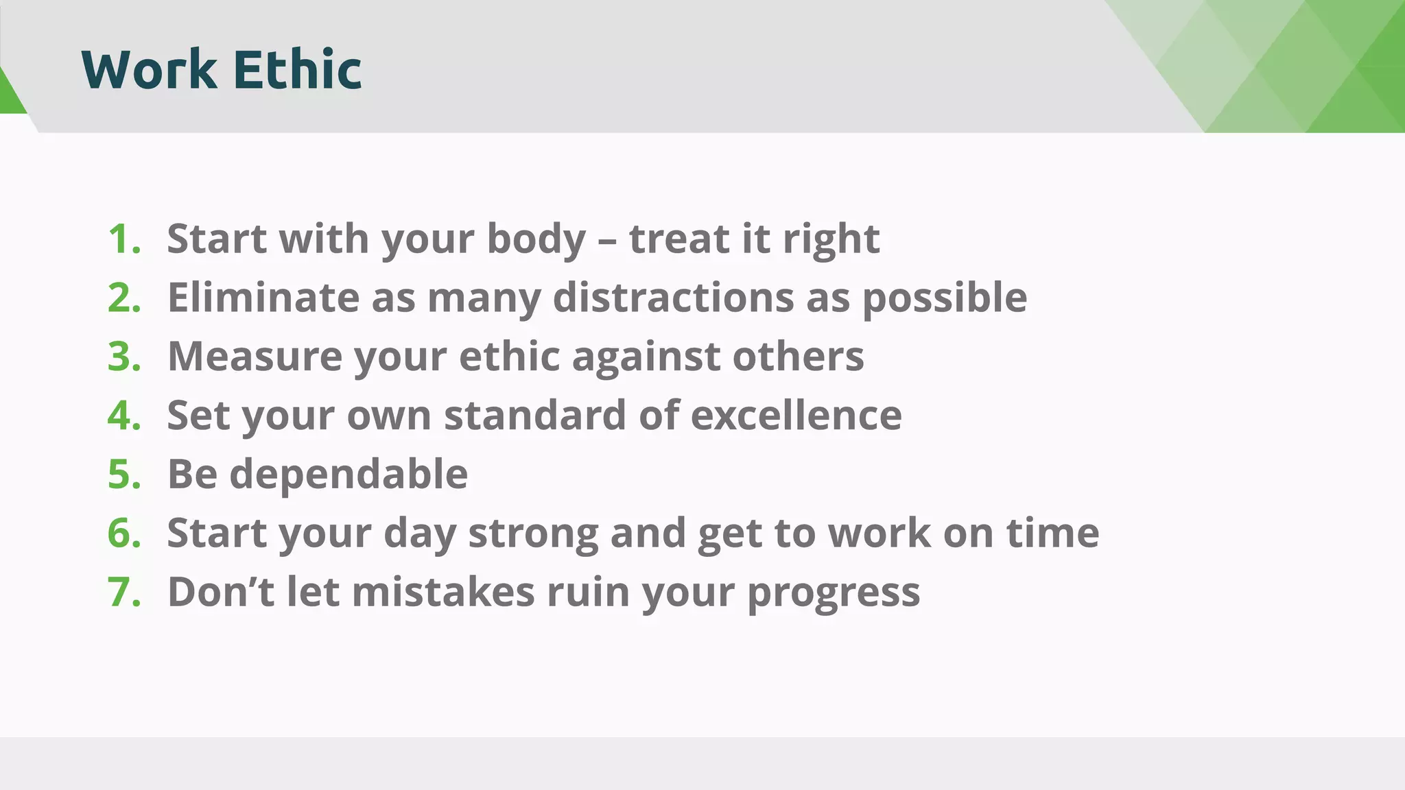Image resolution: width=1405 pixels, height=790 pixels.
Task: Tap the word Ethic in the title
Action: click(297, 69)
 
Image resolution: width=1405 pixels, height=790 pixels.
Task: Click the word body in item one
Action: click(536, 239)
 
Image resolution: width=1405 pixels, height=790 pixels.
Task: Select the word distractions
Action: click(673, 298)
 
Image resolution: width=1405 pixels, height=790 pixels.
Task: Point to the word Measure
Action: click(255, 357)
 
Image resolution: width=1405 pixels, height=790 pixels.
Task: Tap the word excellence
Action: click(796, 416)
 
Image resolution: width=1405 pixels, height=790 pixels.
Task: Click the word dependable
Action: click(349, 475)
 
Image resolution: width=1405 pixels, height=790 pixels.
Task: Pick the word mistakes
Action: click(443, 592)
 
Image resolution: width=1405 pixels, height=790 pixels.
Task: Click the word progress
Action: click(834, 592)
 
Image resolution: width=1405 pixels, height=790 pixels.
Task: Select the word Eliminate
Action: click(263, 298)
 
